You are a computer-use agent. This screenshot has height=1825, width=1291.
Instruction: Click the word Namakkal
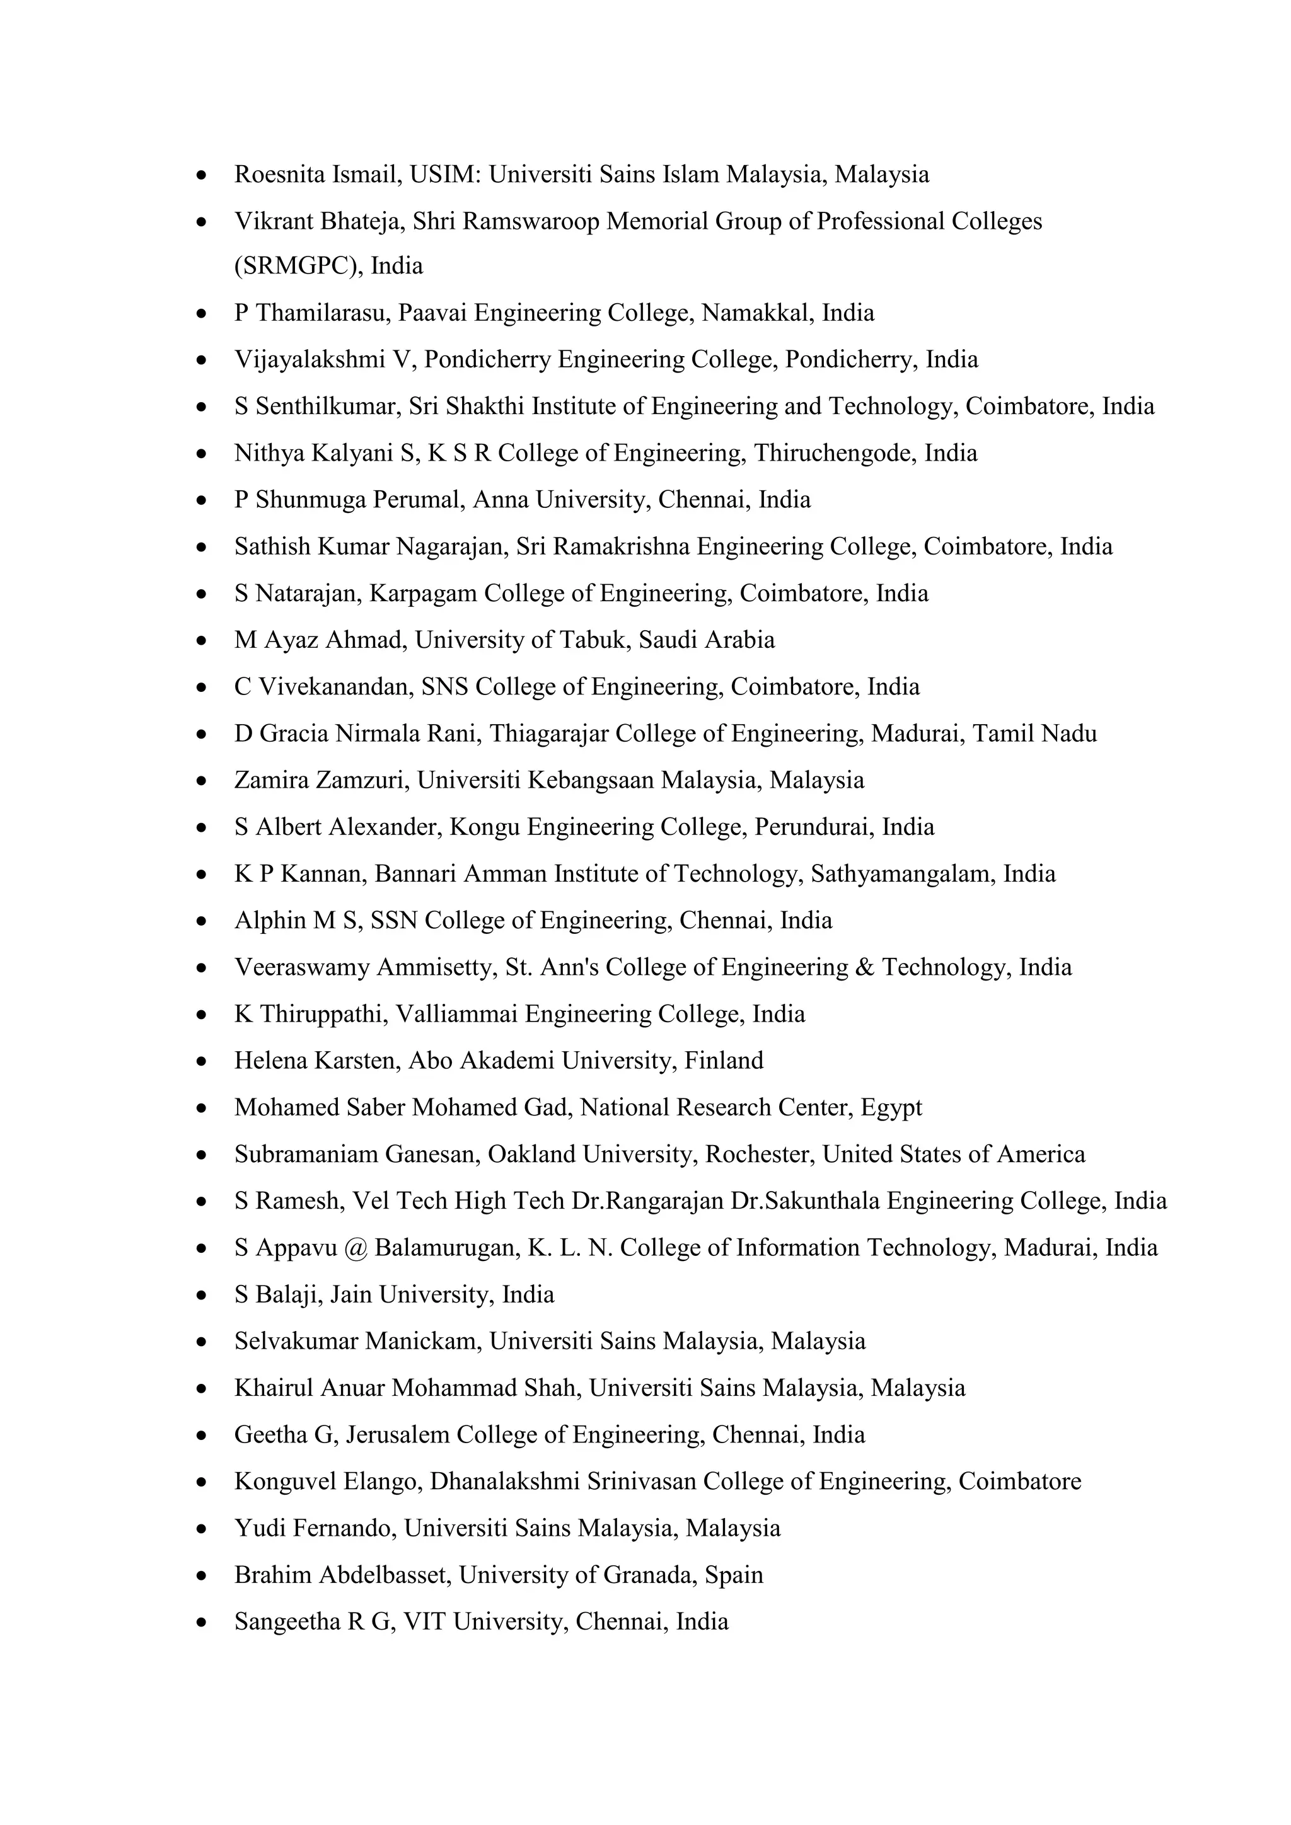pos(758,313)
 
